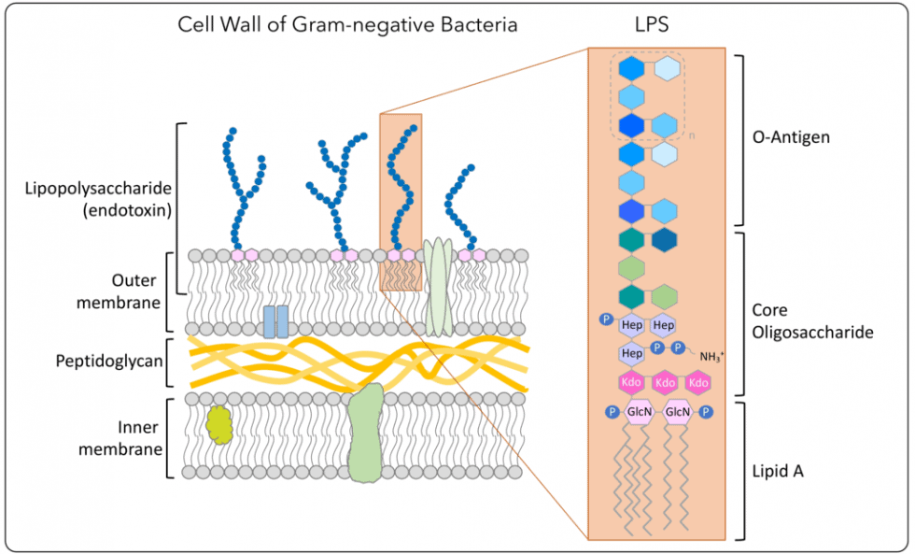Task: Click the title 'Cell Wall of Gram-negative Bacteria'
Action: coord(347,25)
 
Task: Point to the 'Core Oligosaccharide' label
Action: coord(811,320)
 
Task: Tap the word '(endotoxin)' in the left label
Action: coord(127,210)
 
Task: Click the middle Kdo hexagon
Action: coord(665,383)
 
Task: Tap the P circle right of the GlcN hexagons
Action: coord(707,411)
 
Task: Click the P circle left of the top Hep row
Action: coord(605,320)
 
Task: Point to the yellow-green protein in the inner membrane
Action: coord(219,424)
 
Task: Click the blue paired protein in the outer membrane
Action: coord(275,320)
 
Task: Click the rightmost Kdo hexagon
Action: coord(697,383)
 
